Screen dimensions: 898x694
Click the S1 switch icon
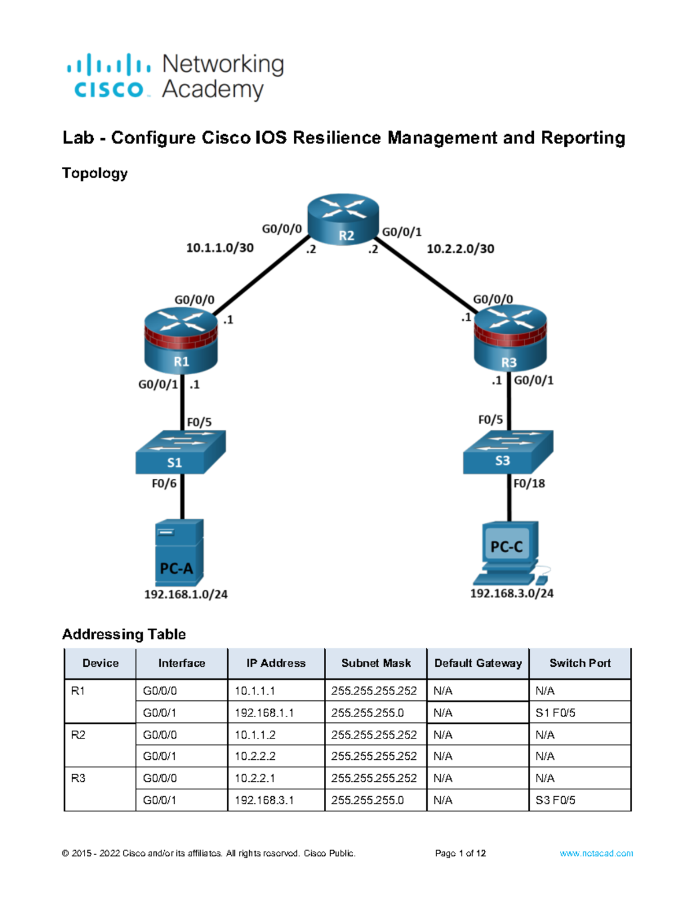pyautogui.click(x=180, y=452)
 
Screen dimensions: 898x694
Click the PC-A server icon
pyautogui.click(x=179, y=553)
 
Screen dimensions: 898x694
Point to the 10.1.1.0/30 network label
pyautogui.click(x=220, y=248)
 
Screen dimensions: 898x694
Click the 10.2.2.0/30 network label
pyautogui.click(x=460, y=249)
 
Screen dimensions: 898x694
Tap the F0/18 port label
pyautogui.click(x=529, y=483)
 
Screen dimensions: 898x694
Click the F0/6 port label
pyautogui.click(x=164, y=483)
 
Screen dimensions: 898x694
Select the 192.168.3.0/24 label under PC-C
pyautogui.click(x=512, y=593)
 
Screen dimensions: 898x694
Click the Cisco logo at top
pyautogui.click(x=109, y=76)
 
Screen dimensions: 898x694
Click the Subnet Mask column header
pyautogui.click(x=376, y=663)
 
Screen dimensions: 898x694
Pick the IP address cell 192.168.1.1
pyautogui.click(x=264, y=713)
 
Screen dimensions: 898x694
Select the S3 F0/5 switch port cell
pyautogui.click(x=555, y=800)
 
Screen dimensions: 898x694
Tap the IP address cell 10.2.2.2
pyautogui.click(x=255, y=756)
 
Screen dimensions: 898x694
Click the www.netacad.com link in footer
pyautogui.click(x=596, y=853)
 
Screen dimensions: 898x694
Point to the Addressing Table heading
pyautogui.click(x=124, y=634)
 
